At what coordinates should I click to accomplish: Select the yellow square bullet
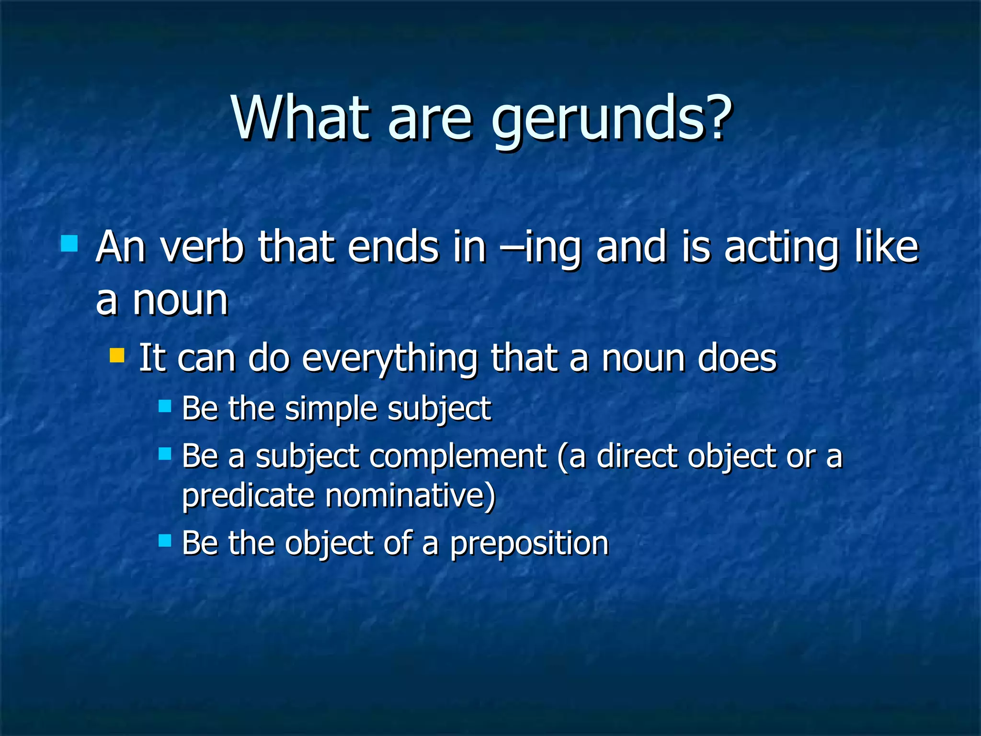click(x=117, y=356)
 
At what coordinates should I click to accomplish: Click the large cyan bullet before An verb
click(x=69, y=243)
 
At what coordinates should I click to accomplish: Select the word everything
click(x=389, y=359)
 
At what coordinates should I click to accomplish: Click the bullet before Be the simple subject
click(x=165, y=407)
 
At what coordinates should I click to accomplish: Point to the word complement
click(x=458, y=457)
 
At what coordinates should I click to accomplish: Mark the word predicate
click(x=247, y=496)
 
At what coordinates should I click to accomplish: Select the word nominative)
click(x=411, y=496)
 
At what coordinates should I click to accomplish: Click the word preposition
click(x=529, y=544)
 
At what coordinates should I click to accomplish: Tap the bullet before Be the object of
click(x=165, y=541)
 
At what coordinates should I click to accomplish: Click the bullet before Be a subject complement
click(x=165, y=454)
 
